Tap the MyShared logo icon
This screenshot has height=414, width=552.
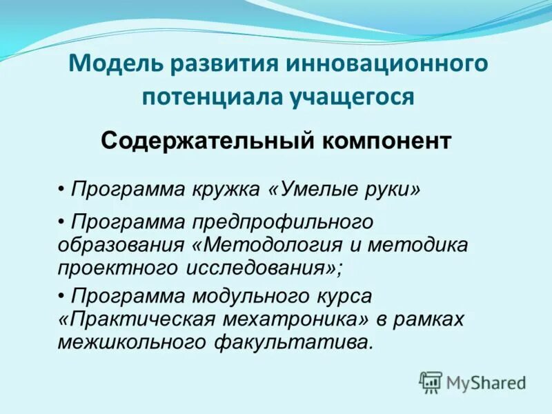(x=431, y=382)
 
